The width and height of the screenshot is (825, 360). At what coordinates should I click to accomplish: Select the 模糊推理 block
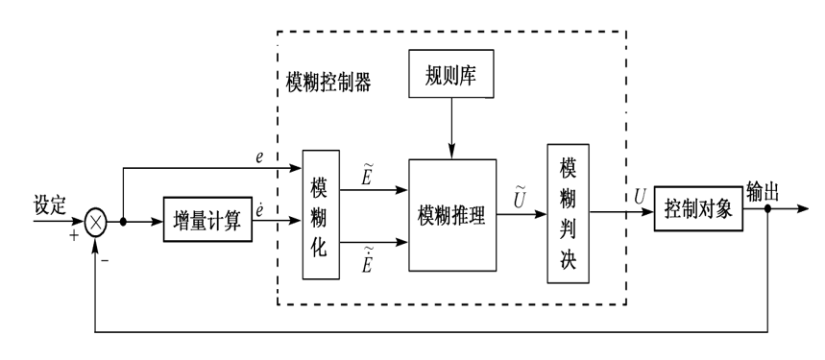tap(452, 216)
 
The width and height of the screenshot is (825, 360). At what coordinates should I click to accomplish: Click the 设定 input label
tap(50, 204)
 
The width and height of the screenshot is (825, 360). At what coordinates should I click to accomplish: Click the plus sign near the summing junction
tap(73, 235)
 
